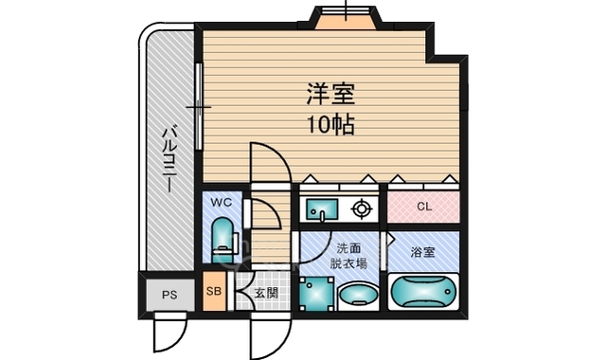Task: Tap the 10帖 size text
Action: pyautogui.click(x=323, y=125)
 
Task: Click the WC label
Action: pyautogui.click(x=221, y=203)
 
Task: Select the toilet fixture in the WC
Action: pyautogui.click(x=222, y=240)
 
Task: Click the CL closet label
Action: pyautogui.click(x=423, y=207)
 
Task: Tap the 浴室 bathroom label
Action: pyautogui.click(x=423, y=252)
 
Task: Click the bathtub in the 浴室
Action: pyautogui.click(x=423, y=292)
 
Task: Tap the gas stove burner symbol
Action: pyautogui.click(x=362, y=207)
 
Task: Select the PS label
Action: pyautogui.click(x=169, y=295)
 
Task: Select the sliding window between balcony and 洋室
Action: pyautogui.click(x=199, y=106)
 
